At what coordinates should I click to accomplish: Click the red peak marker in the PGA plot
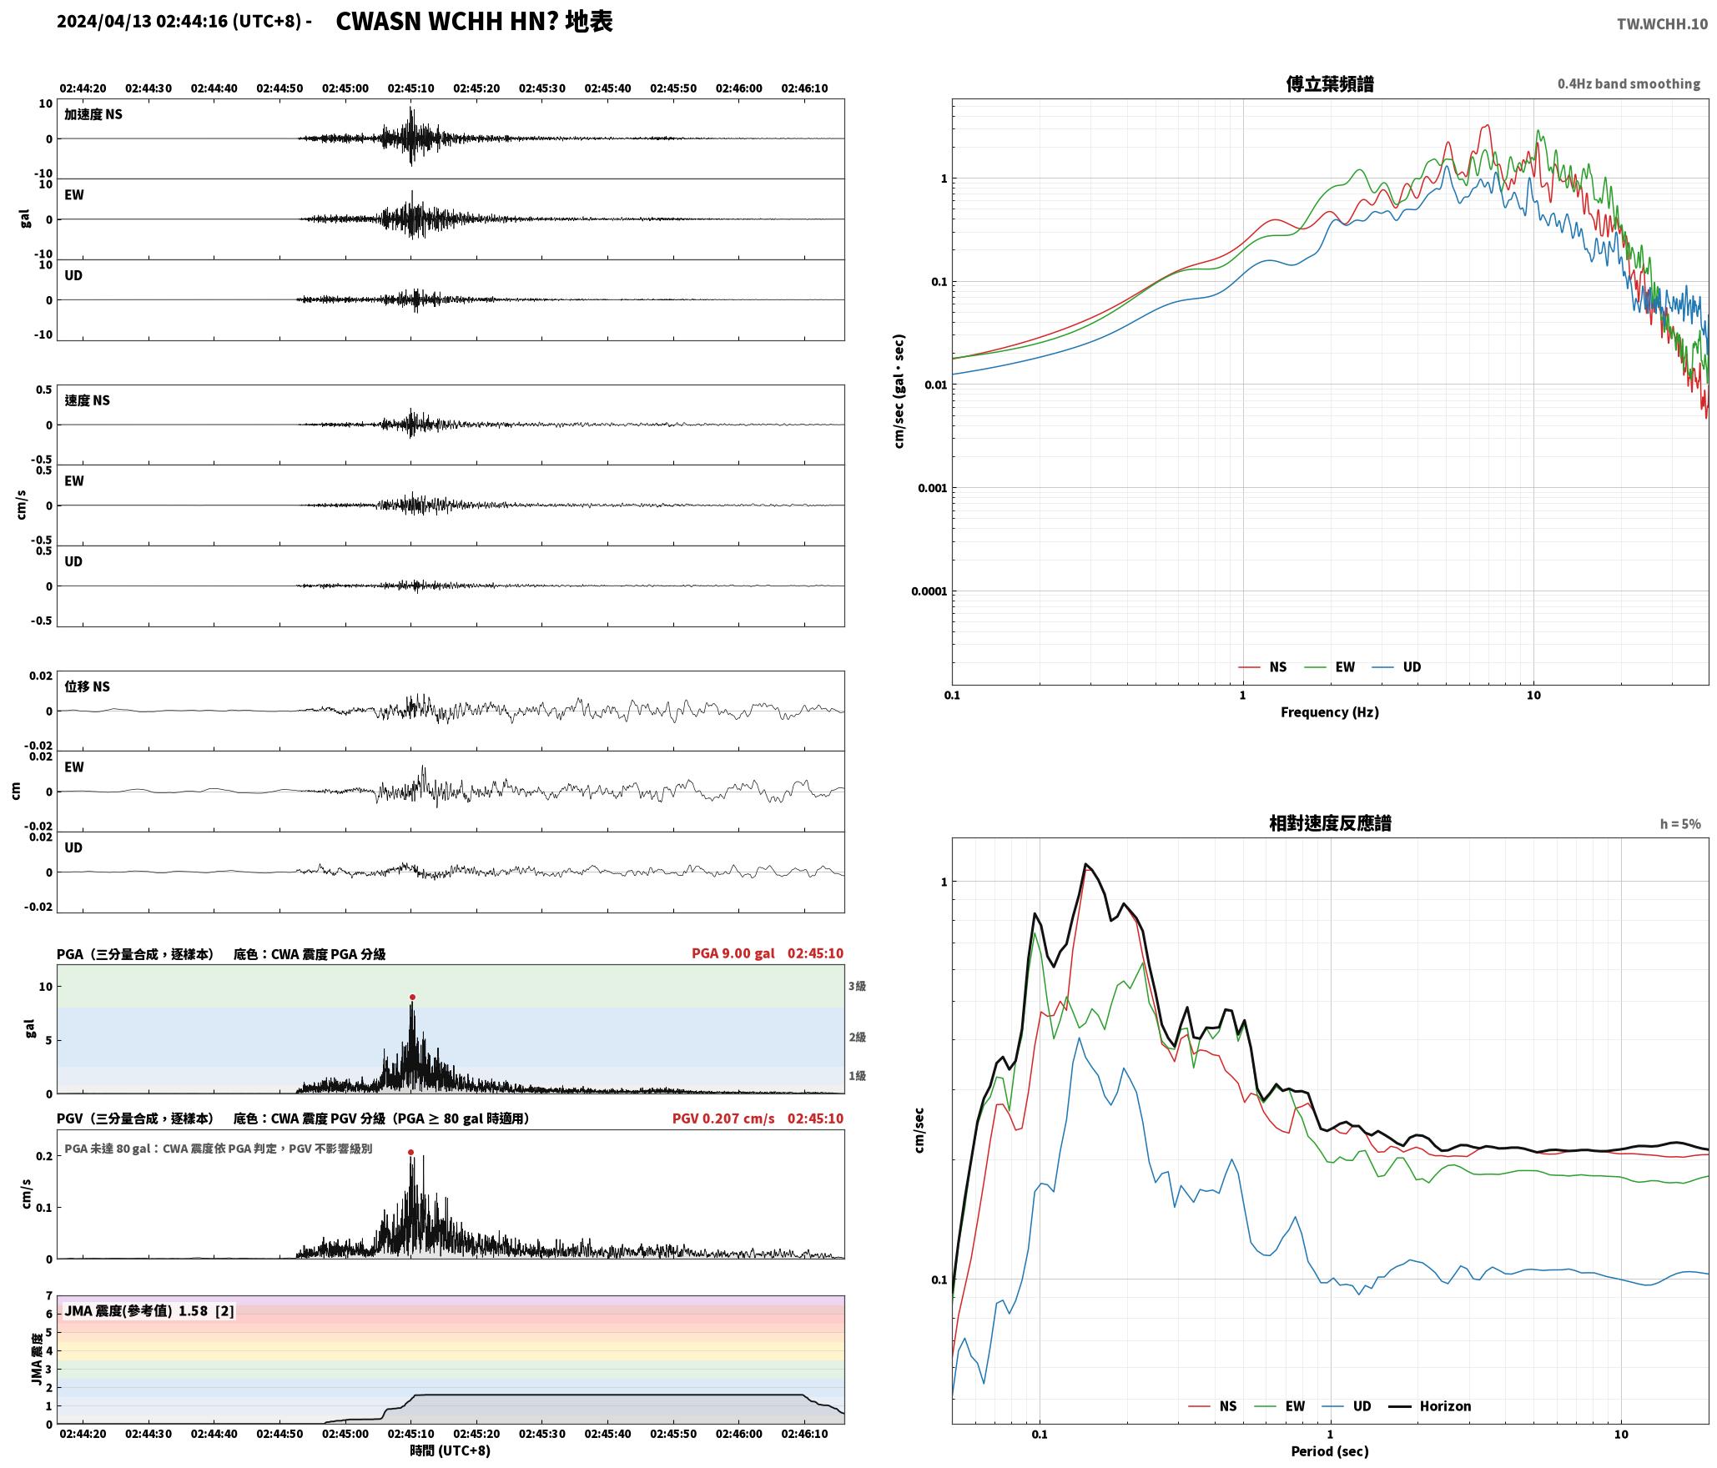click(412, 997)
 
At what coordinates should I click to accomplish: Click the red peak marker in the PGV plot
click(410, 1152)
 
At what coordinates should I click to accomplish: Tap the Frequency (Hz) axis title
click(1330, 711)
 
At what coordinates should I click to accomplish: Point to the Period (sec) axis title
click(1330, 1450)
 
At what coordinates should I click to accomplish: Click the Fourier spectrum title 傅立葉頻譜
click(1330, 83)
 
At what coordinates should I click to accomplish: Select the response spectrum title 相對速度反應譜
click(1330, 822)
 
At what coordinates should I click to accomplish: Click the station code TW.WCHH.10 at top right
click(1662, 23)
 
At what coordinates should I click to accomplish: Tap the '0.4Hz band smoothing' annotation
click(1629, 83)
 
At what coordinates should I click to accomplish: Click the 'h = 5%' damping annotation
click(1679, 823)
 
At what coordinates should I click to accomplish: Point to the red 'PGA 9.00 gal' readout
click(733, 953)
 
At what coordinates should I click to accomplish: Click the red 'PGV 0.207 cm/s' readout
click(723, 1118)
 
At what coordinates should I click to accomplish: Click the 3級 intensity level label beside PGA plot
click(857, 986)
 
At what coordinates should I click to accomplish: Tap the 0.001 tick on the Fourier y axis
click(932, 488)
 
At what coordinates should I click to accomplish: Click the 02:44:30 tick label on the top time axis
click(149, 88)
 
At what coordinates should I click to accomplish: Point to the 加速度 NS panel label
click(93, 114)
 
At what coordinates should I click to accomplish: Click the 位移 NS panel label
click(88, 686)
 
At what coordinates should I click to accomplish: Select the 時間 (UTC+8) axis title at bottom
click(450, 1450)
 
